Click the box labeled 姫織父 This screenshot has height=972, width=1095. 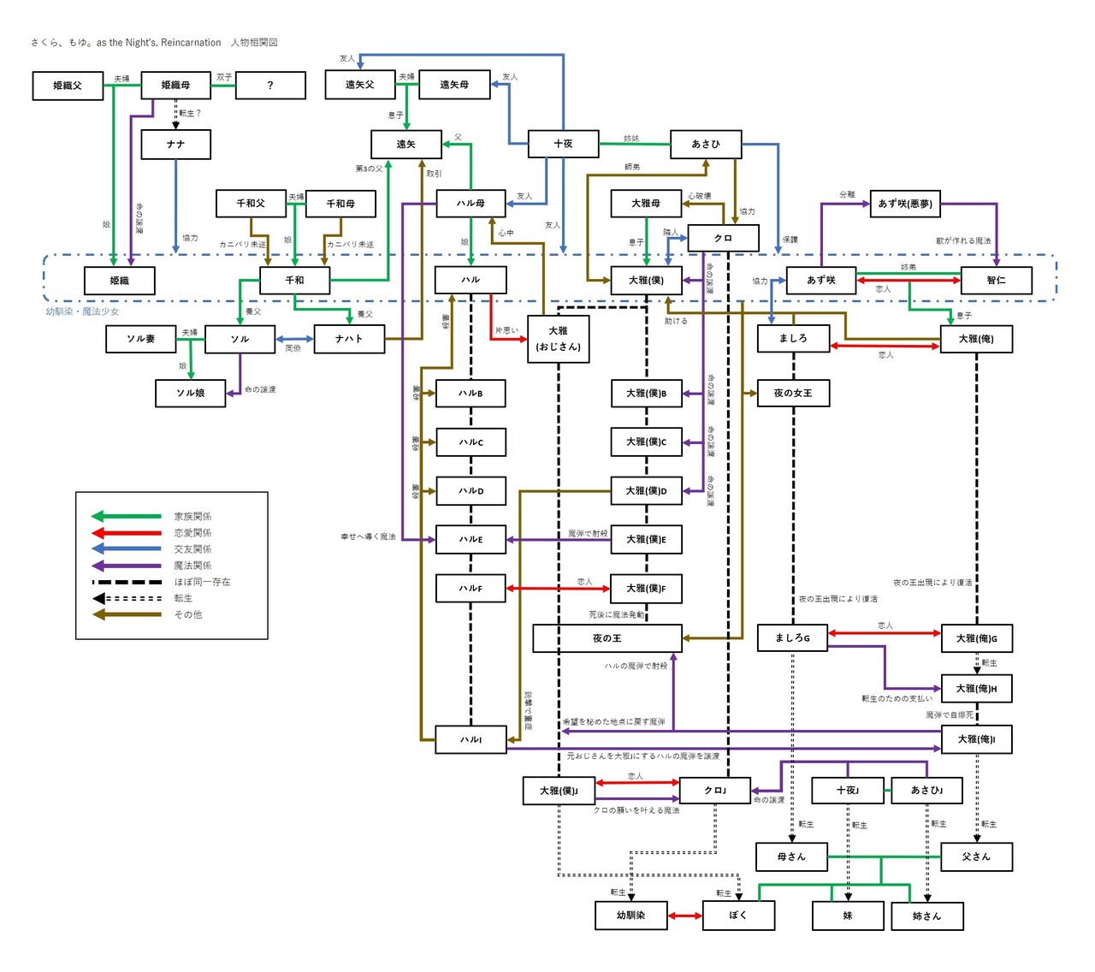tap(68, 86)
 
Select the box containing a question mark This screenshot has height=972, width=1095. tap(270, 86)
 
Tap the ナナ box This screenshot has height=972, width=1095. tap(175, 145)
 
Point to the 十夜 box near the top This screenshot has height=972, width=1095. tap(563, 145)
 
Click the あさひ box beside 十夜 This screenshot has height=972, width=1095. tap(706, 145)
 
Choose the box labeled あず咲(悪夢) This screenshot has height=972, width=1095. tap(905, 204)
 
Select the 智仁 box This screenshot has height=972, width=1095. tap(997, 281)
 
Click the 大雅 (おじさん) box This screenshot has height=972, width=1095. tap(558, 339)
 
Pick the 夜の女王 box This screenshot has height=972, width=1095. tap(793, 394)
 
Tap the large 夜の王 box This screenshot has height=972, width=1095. tap(607, 638)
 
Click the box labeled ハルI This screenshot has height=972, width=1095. tap(471, 740)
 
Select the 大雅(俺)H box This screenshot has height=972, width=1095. tap(976, 689)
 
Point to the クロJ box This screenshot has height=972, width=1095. tap(715, 791)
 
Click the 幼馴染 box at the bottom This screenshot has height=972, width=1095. tap(630, 916)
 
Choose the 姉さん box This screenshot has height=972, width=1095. tap(926, 916)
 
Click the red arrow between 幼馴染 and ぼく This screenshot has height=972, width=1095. tap(685, 916)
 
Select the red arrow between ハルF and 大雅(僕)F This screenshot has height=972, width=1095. tap(558, 589)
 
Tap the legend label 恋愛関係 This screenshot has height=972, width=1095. tap(192, 533)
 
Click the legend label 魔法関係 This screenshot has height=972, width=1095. tap(192, 566)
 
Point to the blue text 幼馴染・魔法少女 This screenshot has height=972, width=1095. tap(82, 311)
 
